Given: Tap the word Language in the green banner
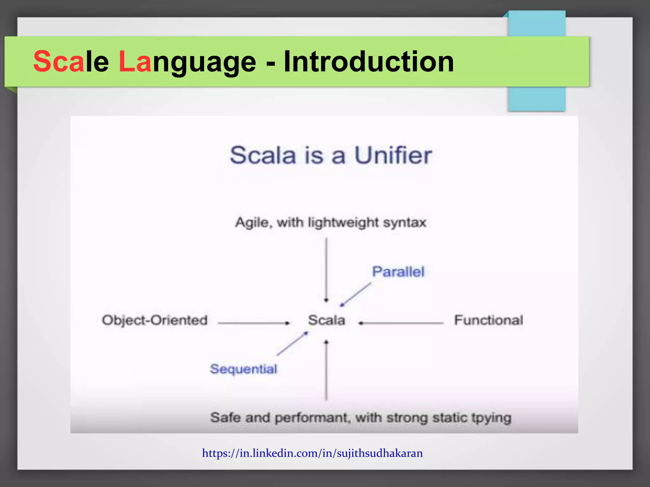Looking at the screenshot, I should coord(187,62).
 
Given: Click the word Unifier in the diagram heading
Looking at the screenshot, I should coord(393,155).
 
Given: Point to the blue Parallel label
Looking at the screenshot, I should coord(398,272).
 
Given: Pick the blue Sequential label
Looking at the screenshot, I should coord(243,369).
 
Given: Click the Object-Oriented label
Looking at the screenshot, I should coord(155,320).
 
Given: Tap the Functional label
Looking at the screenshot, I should coord(488,320).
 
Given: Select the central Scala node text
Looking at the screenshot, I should coord(327,320).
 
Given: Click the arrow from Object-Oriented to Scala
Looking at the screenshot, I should coord(254,323).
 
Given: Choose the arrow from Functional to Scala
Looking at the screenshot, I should coord(401,323).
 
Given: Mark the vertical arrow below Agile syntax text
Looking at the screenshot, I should coord(326,269).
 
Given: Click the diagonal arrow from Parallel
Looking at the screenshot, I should coord(355,295).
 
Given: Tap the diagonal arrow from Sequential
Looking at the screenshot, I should coord(292,344).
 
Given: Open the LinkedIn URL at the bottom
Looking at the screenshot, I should coord(312,453).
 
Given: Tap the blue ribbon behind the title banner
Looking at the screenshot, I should coord(536,98).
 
